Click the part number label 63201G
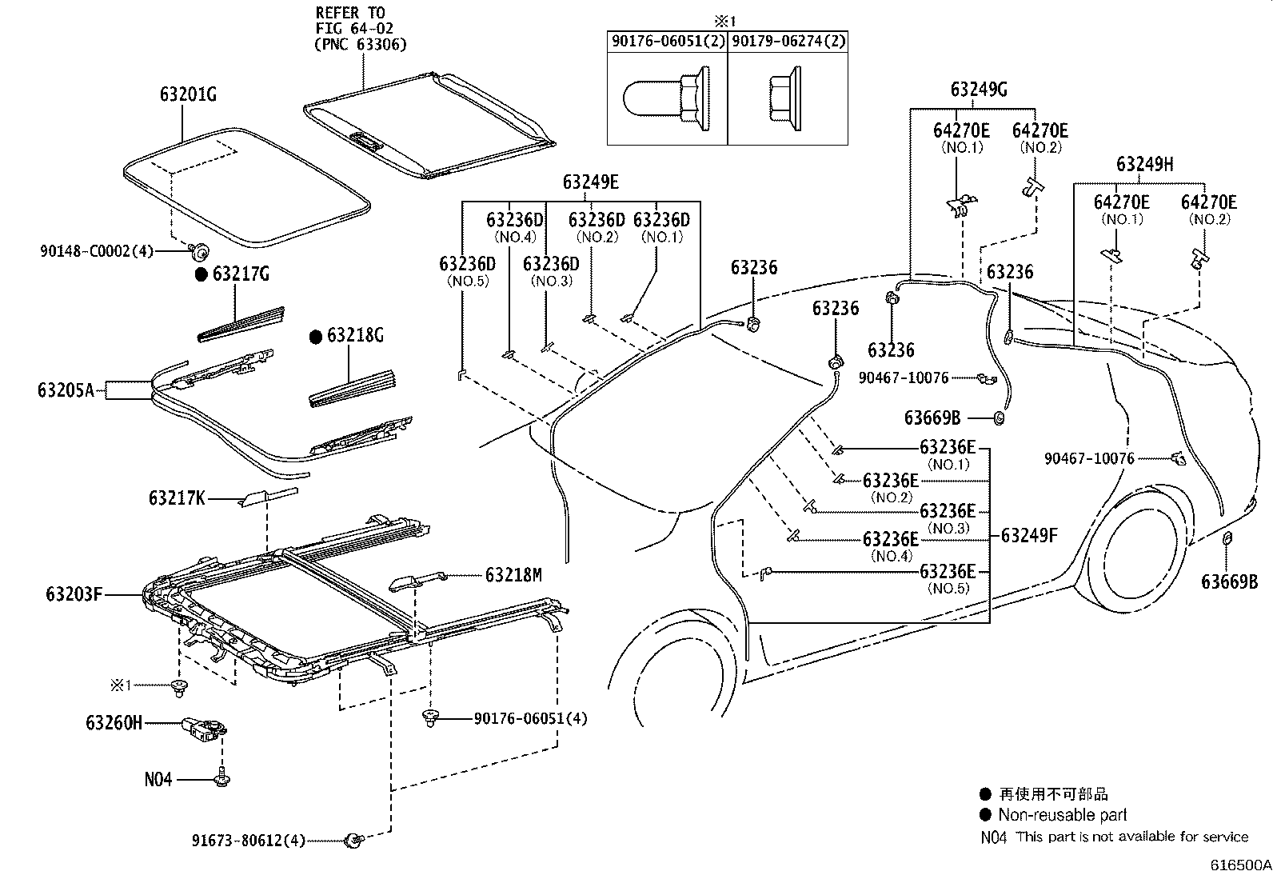pyautogui.click(x=188, y=94)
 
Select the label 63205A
pyautogui.click(x=66, y=390)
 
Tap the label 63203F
pyautogui.click(x=74, y=594)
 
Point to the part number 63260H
pyautogui.click(x=114, y=723)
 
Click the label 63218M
pyautogui.click(x=513, y=574)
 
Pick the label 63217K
pyautogui.click(x=177, y=498)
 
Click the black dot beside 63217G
pyautogui.click(x=202, y=274)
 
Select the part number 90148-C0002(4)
pyautogui.click(x=96, y=251)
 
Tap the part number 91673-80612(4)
pyautogui.click(x=249, y=841)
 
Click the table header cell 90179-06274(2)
pyautogui.click(x=788, y=41)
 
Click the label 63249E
pyautogui.click(x=590, y=182)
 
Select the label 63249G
pyautogui.click(x=979, y=89)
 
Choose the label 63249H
pyautogui.click(x=1144, y=164)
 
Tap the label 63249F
pyautogui.click(x=1029, y=535)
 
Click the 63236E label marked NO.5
pyautogui.click(x=948, y=571)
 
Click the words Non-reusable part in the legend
pyautogui.click(x=1063, y=815)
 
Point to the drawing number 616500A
pyautogui.click(x=1239, y=865)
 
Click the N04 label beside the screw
pyautogui.click(x=158, y=778)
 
